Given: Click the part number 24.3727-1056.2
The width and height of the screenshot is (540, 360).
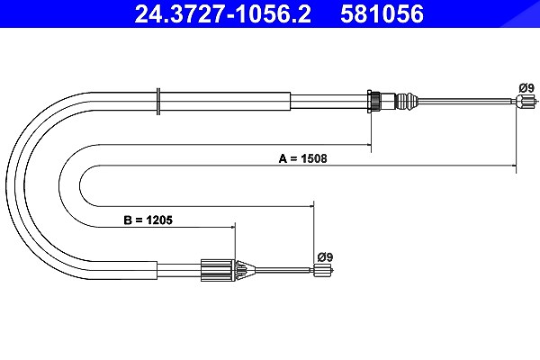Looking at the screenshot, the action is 222,14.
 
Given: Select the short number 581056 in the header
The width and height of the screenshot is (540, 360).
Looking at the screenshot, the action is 382,14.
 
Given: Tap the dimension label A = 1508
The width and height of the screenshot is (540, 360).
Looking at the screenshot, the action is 302,158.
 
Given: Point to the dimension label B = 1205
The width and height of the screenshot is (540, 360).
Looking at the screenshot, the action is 148,220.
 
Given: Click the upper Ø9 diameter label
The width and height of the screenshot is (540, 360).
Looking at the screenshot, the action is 526,88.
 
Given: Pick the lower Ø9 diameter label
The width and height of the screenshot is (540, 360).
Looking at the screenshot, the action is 325,257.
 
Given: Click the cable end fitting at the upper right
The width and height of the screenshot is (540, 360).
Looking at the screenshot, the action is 526,102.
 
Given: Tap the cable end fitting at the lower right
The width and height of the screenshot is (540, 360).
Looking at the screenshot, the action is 323,270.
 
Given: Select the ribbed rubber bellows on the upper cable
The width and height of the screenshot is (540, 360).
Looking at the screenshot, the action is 407,102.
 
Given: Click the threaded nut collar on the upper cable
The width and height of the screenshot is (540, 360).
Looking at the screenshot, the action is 374,102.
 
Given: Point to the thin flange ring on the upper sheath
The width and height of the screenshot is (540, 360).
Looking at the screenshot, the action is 158,102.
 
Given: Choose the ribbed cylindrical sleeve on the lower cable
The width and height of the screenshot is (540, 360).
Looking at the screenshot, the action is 216,270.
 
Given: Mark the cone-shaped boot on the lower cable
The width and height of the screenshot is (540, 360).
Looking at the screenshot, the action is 244,270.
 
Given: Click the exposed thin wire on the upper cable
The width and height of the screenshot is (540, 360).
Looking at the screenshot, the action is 466,101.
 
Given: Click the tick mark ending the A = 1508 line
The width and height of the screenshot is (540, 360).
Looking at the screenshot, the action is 516,166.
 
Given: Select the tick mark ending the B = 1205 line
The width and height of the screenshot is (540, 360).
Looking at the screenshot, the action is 235,227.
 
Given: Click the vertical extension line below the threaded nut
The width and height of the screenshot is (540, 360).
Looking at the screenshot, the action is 371,132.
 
